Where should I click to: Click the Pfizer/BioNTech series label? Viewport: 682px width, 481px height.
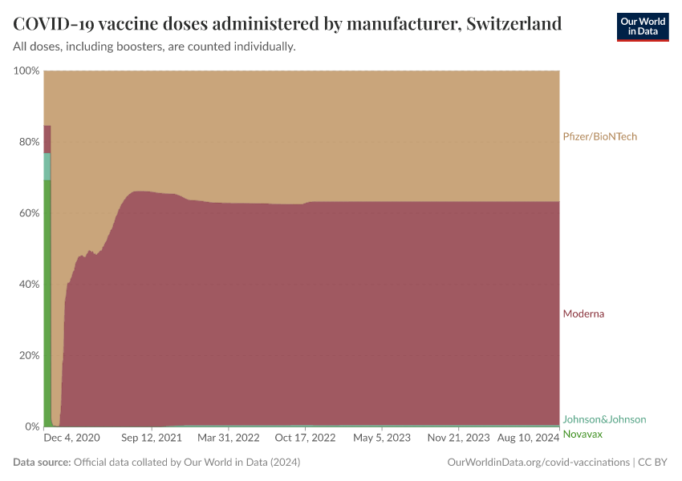[x=600, y=136]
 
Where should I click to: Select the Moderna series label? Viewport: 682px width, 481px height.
[x=583, y=313]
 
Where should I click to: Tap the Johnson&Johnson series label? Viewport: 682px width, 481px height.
[x=604, y=419]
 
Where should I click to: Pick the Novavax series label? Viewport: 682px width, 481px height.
[x=583, y=434]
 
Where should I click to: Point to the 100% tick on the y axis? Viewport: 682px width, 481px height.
[x=26, y=71]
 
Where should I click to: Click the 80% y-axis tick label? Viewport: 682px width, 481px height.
[x=28, y=142]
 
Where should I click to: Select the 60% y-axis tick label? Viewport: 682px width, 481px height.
[x=28, y=213]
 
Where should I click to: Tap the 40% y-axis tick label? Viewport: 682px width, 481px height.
[x=28, y=284]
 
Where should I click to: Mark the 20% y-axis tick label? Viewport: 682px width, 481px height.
[x=28, y=355]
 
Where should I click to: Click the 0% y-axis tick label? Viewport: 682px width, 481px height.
[x=31, y=426]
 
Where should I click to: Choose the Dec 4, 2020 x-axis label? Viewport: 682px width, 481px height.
[x=72, y=438]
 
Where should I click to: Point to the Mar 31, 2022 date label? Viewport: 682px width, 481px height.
[x=229, y=438]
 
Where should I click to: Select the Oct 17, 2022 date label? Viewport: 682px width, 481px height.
[x=305, y=438]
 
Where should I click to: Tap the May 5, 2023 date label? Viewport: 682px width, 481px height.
[x=382, y=438]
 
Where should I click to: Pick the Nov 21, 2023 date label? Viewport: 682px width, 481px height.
[x=458, y=438]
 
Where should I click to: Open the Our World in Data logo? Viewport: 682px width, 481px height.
[x=642, y=26]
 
